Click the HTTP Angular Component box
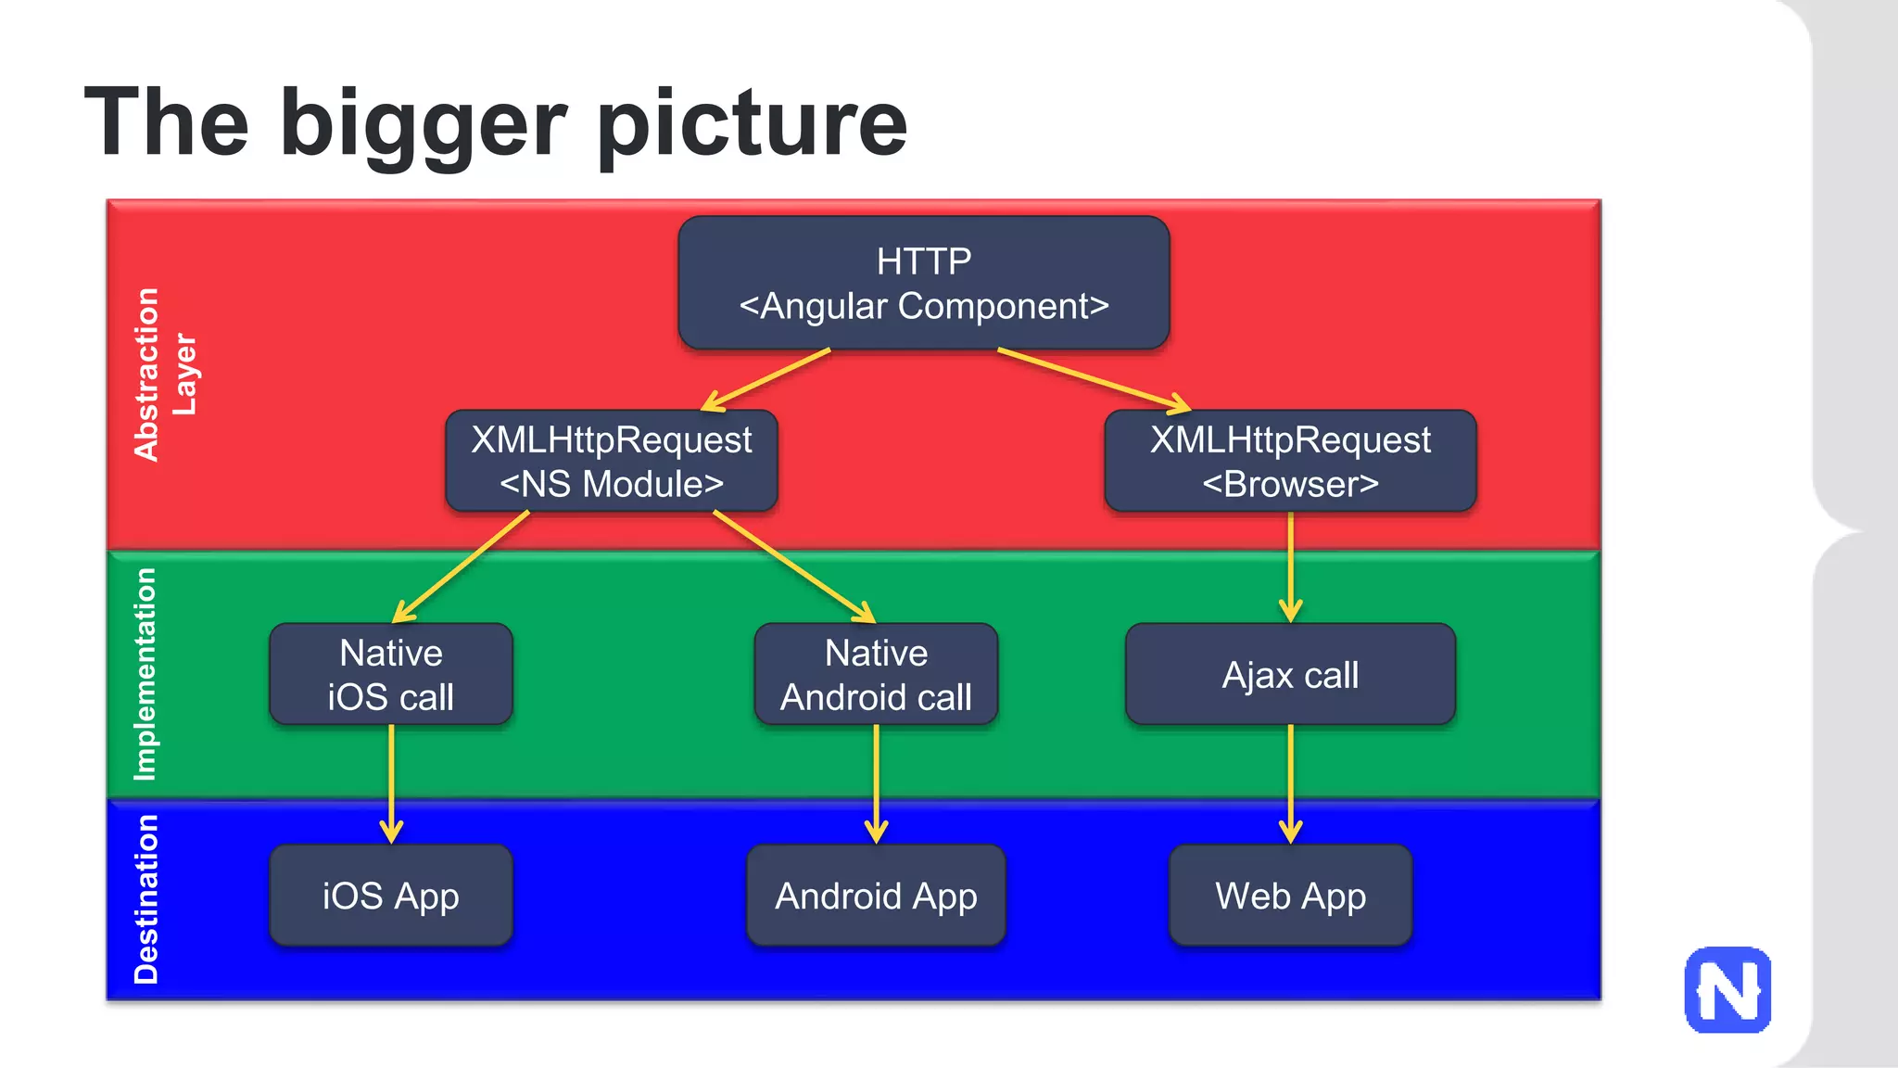pyautogui.click(x=923, y=283)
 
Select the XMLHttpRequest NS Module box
pyautogui.click(x=612, y=461)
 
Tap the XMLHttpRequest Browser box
pyautogui.click(x=1290, y=461)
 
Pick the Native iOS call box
pyautogui.click(x=391, y=674)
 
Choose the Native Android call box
pyautogui.click(x=876, y=674)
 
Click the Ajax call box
pyautogui.click(x=1290, y=674)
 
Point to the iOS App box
pyautogui.click(x=391, y=896)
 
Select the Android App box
pyautogui.click(x=876, y=896)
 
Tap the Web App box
pyautogui.click(x=1290, y=896)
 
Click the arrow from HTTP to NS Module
pyautogui.click(x=766, y=379)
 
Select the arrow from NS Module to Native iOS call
pyautogui.click(x=461, y=566)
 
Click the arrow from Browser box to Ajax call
pyautogui.click(x=1290, y=566)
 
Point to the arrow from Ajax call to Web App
pyautogui.click(x=1290, y=783)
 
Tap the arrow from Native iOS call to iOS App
pyautogui.click(x=391, y=783)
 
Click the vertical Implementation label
pyautogui.click(x=146, y=674)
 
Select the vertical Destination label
pyautogui.click(x=146, y=898)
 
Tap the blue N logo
pyautogui.click(x=1727, y=989)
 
